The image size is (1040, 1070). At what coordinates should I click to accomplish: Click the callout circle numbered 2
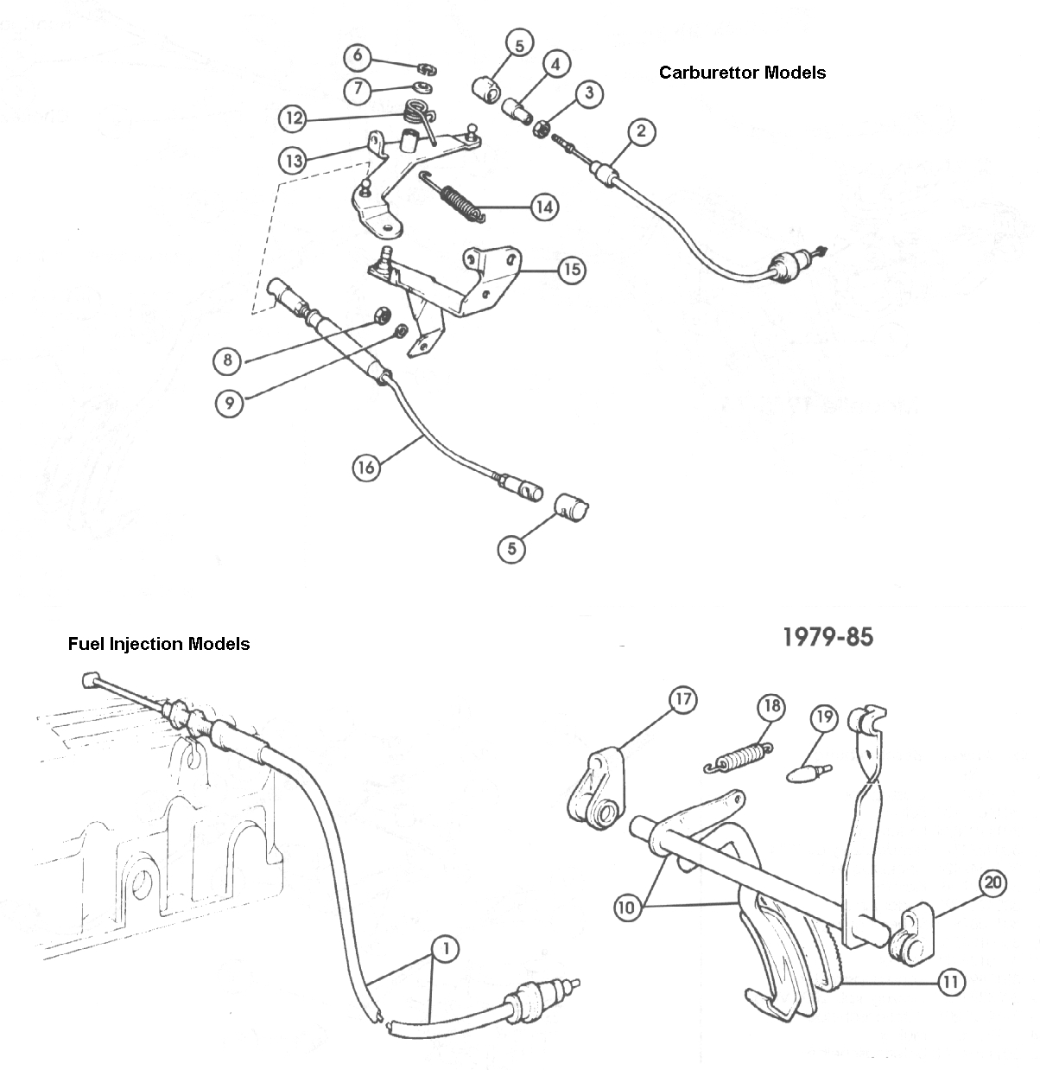pos(641,131)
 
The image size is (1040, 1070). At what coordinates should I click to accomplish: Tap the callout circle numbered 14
pos(544,207)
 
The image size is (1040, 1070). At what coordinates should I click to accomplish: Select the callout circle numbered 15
pos(571,270)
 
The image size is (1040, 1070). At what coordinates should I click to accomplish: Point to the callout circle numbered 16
pos(366,468)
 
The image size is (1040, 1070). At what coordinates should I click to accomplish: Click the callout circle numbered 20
pos(993,883)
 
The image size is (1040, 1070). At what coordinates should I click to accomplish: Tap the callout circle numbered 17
pos(682,700)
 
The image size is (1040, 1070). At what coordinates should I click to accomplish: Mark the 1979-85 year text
pos(828,637)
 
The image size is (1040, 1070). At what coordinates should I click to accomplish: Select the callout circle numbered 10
pos(628,908)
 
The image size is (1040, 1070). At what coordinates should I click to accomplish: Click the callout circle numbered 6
pos(358,57)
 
